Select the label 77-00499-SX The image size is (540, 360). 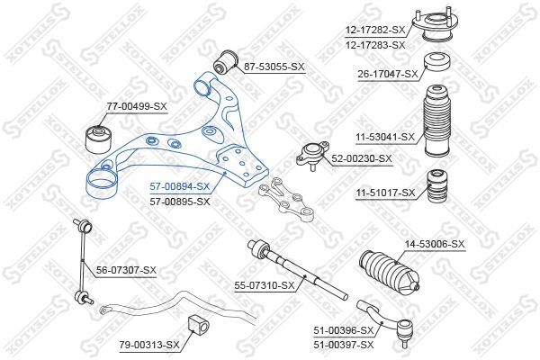point(137,107)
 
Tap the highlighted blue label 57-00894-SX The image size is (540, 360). point(178,186)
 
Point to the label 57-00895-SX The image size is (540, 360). point(178,201)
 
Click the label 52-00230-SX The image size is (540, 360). point(362,158)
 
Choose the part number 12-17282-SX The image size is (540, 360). point(375,30)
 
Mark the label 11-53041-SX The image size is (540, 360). point(383,137)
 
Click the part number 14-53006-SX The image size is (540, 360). point(434,244)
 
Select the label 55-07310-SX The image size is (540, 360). point(265,285)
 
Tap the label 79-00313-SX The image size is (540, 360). point(149,343)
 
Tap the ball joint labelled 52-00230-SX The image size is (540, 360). point(310,154)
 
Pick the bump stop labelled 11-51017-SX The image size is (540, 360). point(437,184)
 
